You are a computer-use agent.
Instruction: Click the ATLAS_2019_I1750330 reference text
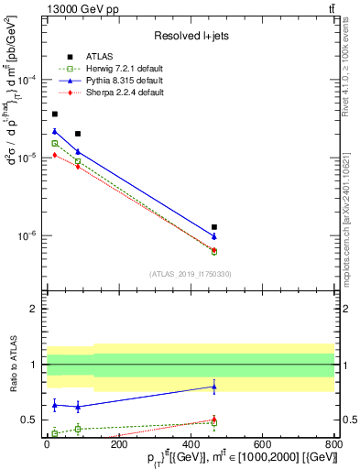click(x=189, y=274)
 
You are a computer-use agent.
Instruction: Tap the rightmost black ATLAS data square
click(x=214, y=226)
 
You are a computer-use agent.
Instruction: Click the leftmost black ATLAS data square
click(x=55, y=114)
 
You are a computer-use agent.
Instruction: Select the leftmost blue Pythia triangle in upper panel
click(x=55, y=131)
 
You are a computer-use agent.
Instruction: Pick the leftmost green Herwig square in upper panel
click(x=55, y=143)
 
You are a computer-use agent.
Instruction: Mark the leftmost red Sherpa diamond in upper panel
click(x=55, y=155)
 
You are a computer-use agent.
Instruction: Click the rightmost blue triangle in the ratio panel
click(x=214, y=387)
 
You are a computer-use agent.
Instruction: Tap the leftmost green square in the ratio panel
click(x=55, y=432)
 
